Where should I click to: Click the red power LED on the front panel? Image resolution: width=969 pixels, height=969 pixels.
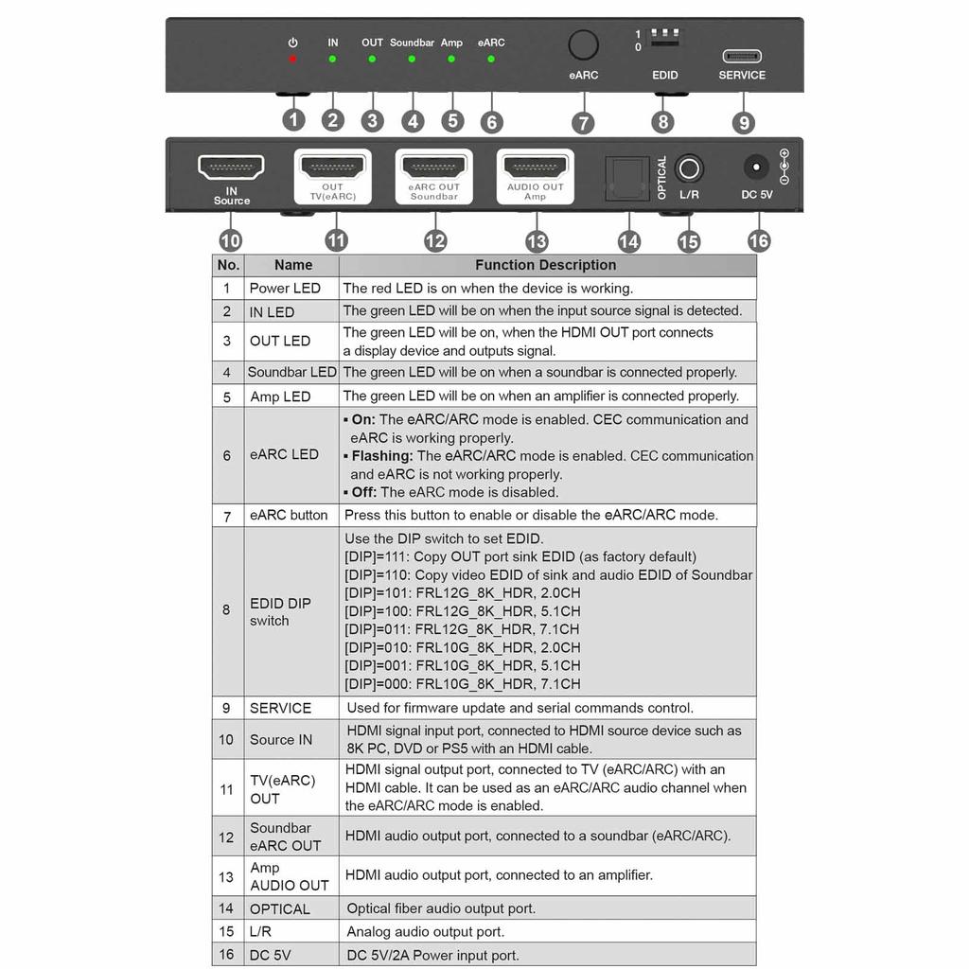pos(293,59)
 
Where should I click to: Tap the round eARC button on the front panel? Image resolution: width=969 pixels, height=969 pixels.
pos(584,45)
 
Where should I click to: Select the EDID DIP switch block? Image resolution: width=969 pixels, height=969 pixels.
pos(665,39)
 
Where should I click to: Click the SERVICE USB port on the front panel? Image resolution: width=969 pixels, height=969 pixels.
pos(742,56)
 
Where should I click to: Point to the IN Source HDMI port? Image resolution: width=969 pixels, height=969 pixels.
pos(231,167)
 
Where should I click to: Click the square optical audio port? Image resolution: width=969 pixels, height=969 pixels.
pos(627,178)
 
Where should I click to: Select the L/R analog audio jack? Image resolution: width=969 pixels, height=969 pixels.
pos(689,170)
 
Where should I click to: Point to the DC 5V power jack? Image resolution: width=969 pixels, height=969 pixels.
pos(756,167)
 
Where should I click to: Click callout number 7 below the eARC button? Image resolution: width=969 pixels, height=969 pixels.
pos(583,122)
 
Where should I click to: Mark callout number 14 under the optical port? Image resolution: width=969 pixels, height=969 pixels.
pos(628,241)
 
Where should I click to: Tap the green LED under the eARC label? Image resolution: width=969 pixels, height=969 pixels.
pos(490,59)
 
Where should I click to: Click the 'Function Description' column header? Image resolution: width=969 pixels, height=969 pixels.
pos(546,266)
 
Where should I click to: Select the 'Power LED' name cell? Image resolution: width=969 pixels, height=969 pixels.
pos(285,289)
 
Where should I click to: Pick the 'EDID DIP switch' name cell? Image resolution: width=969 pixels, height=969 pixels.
pos(280,611)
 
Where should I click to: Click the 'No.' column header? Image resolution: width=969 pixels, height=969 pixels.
pos(228,266)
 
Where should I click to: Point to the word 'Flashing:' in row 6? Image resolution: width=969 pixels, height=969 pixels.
pos(382,456)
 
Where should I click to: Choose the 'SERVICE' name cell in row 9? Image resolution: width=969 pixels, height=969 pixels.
pos(280,708)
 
